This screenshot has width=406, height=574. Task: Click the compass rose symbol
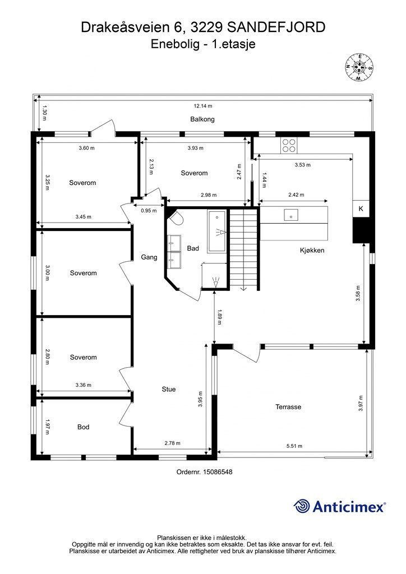359,67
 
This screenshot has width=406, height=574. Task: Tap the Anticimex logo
339,506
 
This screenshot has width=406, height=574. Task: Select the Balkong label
202,119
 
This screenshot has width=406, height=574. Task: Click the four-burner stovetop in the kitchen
289,145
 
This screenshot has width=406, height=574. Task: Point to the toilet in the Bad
176,218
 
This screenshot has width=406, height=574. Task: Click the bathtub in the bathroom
216,231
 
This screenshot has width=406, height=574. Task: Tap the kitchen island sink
290,215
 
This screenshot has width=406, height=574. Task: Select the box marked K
361,209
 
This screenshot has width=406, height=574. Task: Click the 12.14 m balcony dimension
203,106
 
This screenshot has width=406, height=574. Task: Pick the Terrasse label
288,407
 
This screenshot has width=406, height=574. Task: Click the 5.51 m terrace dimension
294,446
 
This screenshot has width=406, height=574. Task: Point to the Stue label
169,389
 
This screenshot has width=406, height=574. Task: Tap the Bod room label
83,427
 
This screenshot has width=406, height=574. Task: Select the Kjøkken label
312,251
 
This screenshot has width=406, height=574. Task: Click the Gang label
149,257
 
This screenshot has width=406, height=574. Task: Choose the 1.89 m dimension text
219,317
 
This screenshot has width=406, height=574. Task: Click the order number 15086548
204,472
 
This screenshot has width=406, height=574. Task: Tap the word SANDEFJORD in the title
276,27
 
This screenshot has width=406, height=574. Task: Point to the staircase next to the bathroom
244,249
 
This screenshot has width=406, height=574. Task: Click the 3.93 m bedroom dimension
196,148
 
